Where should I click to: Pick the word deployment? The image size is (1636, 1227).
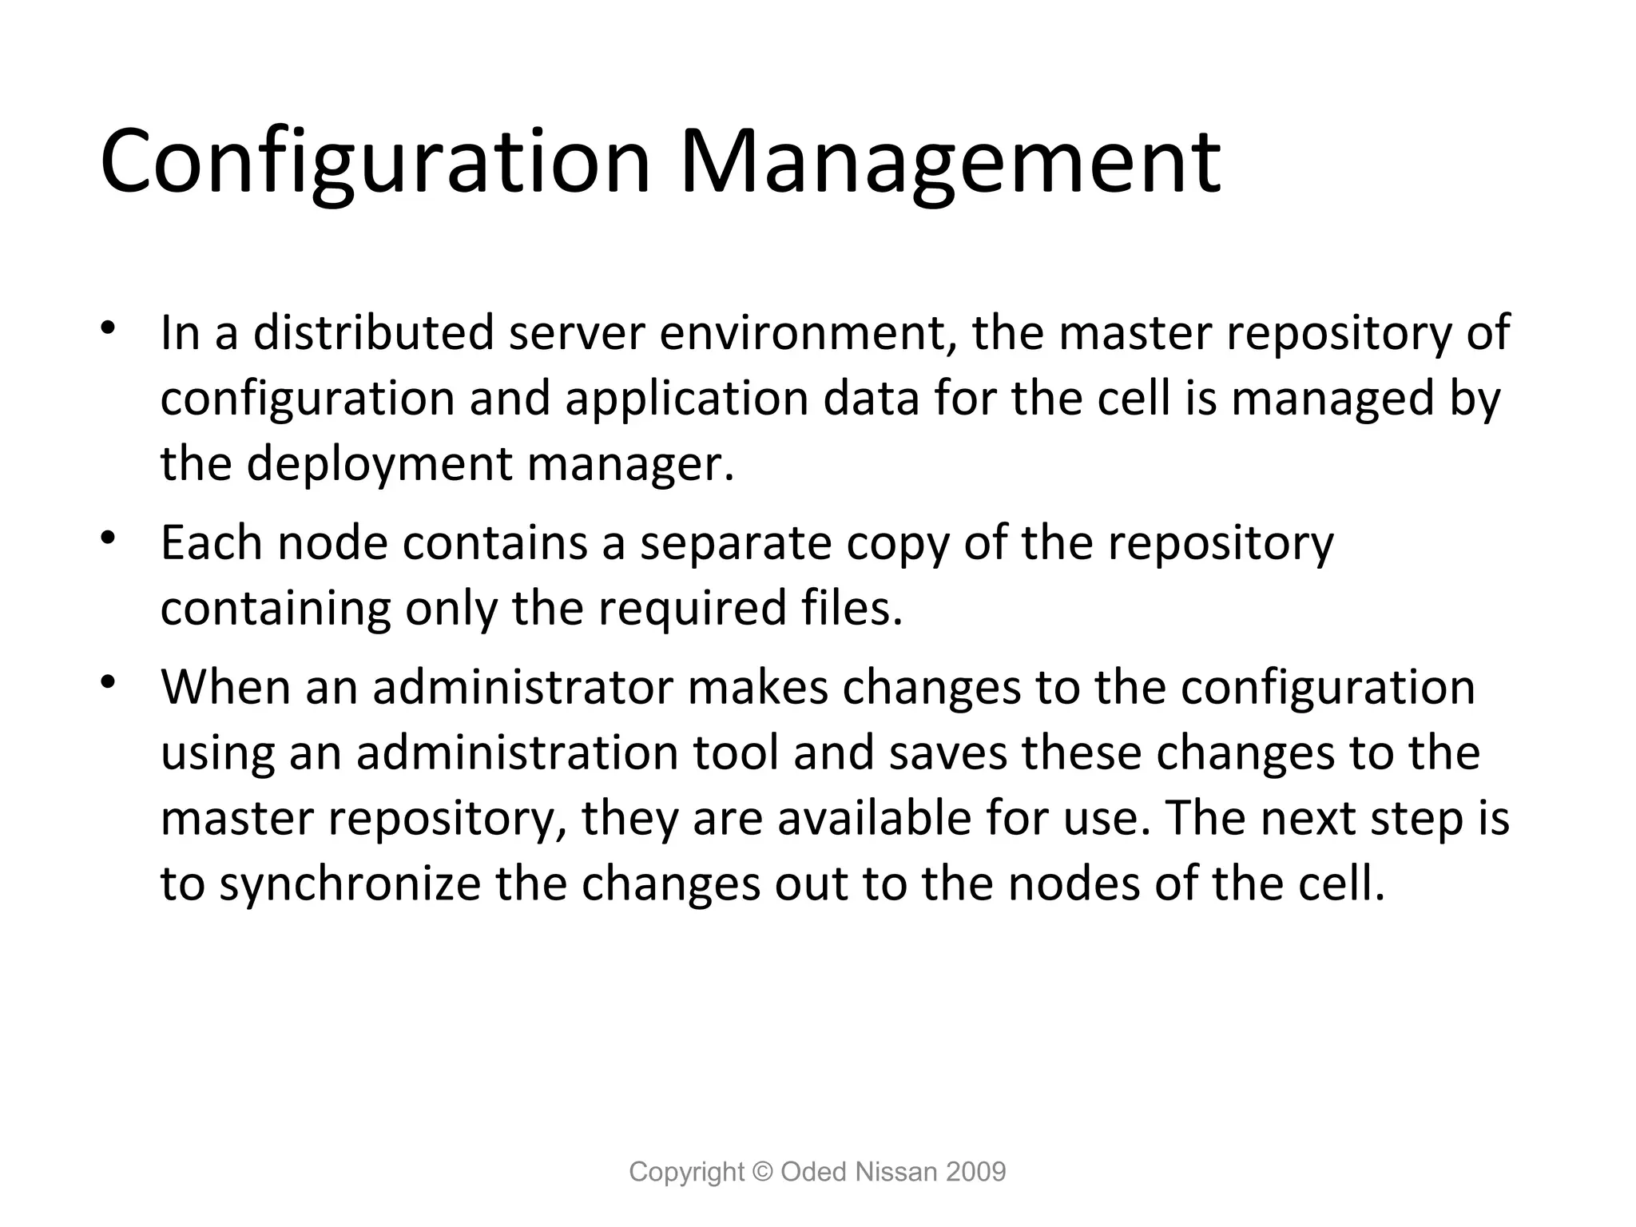click(x=379, y=463)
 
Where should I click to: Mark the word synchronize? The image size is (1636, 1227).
click(x=350, y=884)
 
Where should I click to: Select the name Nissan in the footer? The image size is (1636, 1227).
click(x=895, y=1172)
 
